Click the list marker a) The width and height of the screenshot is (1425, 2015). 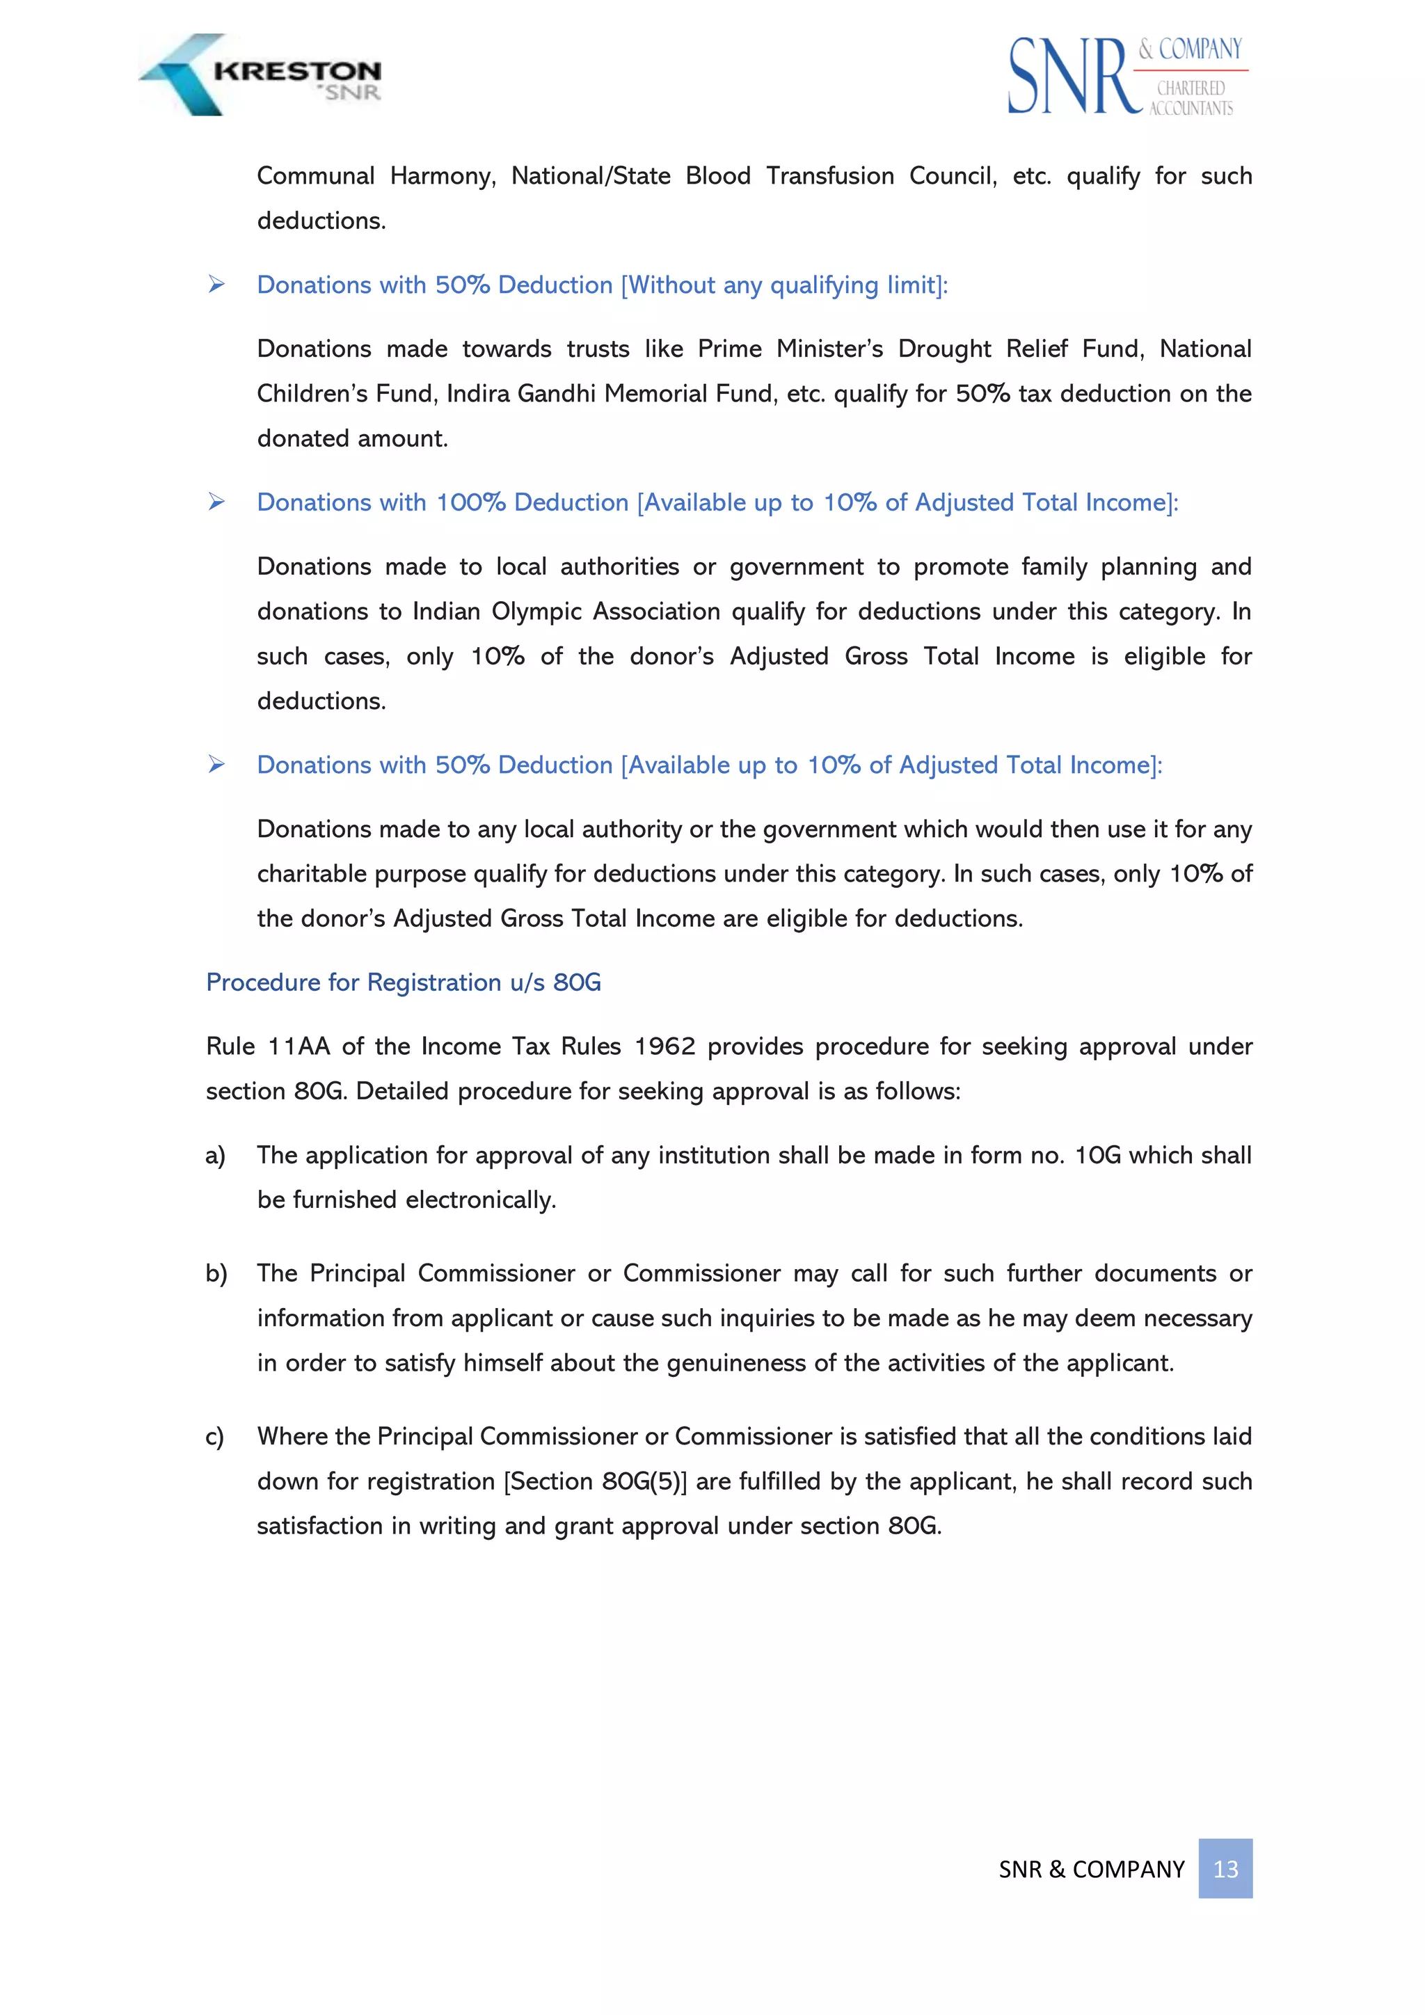coord(215,1155)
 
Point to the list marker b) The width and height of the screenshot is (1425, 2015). coord(216,1273)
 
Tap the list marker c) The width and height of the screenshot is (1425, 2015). coord(215,1437)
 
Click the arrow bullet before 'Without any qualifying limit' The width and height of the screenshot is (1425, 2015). coord(216,285)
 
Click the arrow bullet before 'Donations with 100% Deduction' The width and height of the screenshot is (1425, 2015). coord(216,502)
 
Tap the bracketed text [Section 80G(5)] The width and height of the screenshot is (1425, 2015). coord(595,1481)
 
